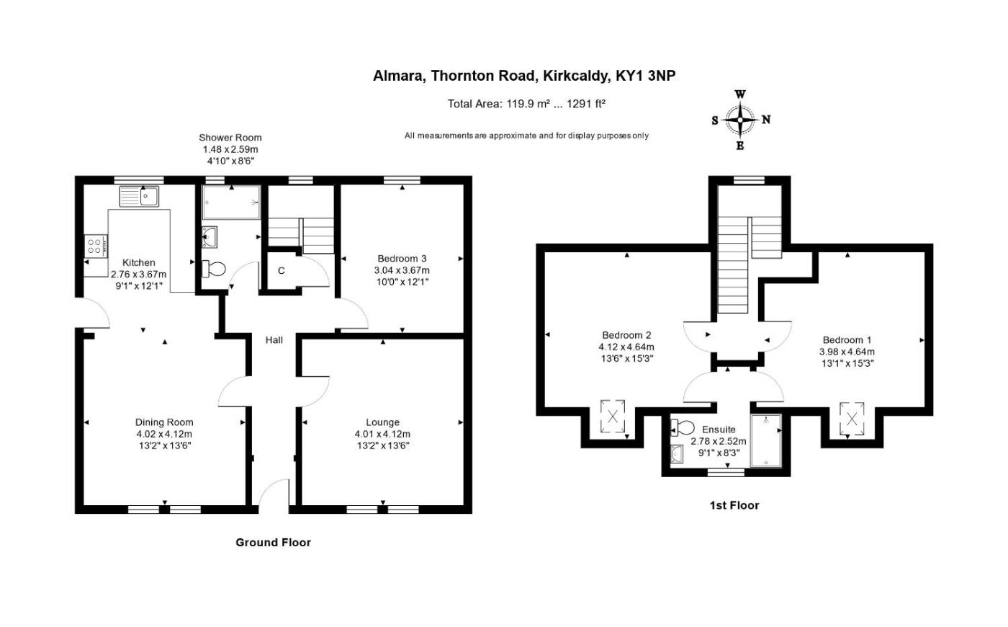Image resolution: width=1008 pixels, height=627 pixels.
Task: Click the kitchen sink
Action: coord(139,196)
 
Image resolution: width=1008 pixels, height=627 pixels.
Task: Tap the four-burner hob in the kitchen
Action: coord(96,246)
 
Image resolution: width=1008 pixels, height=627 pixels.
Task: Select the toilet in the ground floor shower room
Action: coord(213,269)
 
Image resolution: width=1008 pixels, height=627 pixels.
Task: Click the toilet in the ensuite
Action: coord(683,427)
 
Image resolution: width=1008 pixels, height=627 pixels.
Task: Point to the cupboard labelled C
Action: coord(282,271)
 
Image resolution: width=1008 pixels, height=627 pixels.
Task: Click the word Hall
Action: coord(274,340)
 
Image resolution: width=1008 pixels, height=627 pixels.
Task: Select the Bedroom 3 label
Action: coord(402,259)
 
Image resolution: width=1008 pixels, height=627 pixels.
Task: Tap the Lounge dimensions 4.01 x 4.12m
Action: coord(382,434)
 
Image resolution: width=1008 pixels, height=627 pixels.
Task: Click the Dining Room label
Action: coord(164,422)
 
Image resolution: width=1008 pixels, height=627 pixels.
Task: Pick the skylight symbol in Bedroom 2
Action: coord(613,417)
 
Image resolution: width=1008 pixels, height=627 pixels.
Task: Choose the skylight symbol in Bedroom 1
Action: coord(852,419)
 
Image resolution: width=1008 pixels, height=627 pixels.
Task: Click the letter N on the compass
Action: coord(766,120)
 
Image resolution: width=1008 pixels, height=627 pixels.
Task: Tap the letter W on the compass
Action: coord(740,94)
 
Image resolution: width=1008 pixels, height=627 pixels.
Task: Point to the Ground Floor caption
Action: coord(273,542)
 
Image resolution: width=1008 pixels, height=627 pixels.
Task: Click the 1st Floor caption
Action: coord(734,505)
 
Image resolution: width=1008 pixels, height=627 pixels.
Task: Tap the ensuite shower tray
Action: coord(766,440)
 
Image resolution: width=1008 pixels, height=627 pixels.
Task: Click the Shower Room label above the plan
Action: coord(230,138)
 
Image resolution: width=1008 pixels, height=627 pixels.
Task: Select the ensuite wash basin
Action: coord(677,454)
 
